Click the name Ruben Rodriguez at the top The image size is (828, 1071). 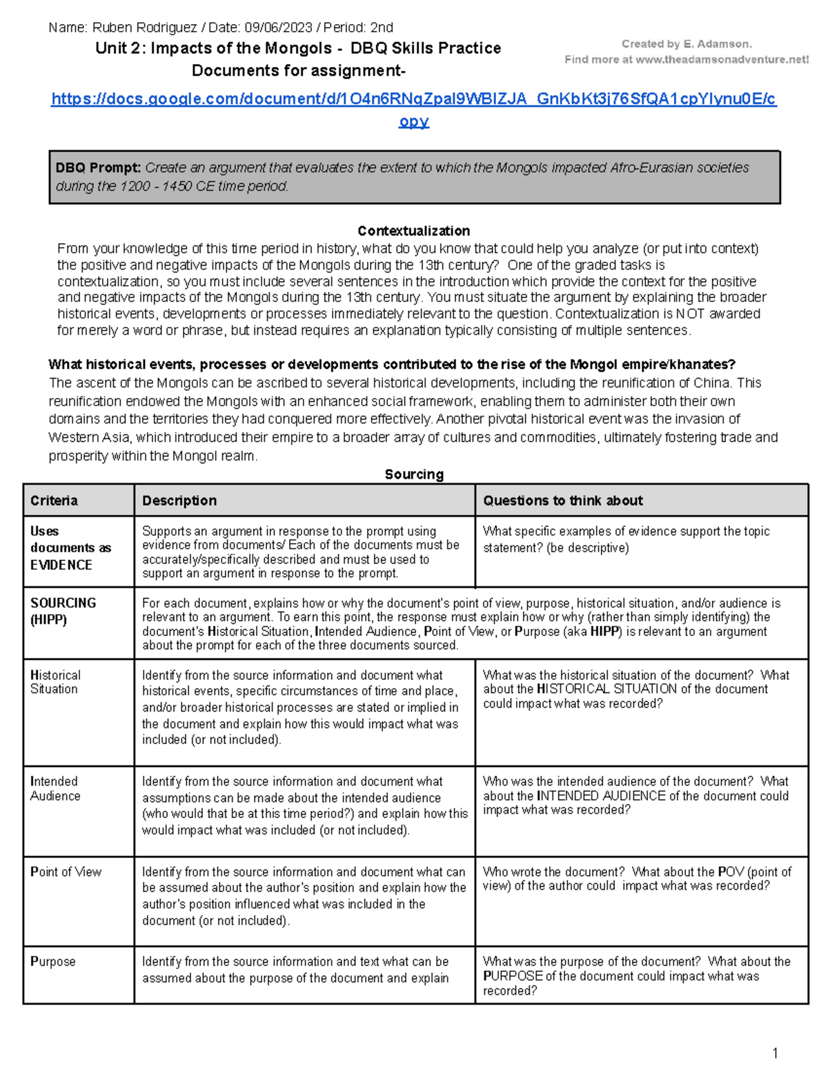pyautogui.click(x=144, y=28)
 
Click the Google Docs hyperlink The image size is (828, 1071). pyautogui.click(x=413, y=99)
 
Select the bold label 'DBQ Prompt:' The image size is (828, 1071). pyautogui.click(x=98, y=168)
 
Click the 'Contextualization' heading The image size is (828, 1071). pyautogui.click(x=413, y=231)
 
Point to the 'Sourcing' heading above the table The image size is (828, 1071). pyautogui.click(x=414, y=474)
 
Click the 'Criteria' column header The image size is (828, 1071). pyautogui.click(x=54, y=501)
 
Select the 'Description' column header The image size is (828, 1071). pyautogui.click(x=179, y=501)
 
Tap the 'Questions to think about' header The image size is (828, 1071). pyautogui.click(x=562, y=501)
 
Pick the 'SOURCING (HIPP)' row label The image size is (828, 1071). pyautogui.click(x=63, y=611)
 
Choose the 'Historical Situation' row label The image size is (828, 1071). pyautogui.click(x=55, y=682)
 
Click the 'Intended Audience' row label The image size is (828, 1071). pyautogui.click(x=55, y=788)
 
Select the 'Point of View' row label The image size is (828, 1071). pyautogui.click(x=66, y=872)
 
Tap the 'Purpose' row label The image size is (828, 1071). pyautogui.click(x=53, y=961)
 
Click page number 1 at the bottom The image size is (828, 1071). pyautogui.click(x=775, y=1053)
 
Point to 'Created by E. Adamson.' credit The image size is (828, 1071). pyautogui.click(x=687, y=44)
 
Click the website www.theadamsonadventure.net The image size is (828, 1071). pyautogui.click(x=722, y=60)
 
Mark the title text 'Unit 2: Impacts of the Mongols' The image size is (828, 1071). pyautogui.click(x=214, y=48)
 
